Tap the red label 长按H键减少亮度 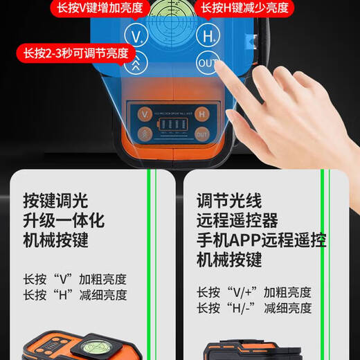[244, 8]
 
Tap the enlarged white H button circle [206, 35]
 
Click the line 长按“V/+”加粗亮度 [254, 293]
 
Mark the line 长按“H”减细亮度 [74, 295]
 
